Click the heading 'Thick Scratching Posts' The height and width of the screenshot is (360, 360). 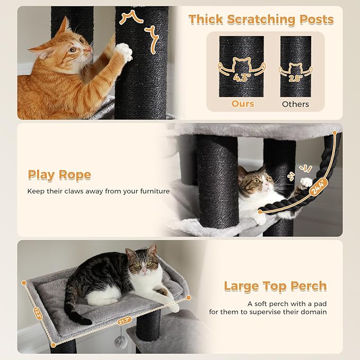click(261, 20)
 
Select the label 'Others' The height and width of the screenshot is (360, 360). click(295, 104)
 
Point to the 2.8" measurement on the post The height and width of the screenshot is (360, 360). click(295, 77)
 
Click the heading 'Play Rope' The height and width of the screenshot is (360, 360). click(59, 175)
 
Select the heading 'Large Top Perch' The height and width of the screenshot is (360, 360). click(275, 286)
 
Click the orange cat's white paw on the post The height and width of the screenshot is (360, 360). click(123, 52)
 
